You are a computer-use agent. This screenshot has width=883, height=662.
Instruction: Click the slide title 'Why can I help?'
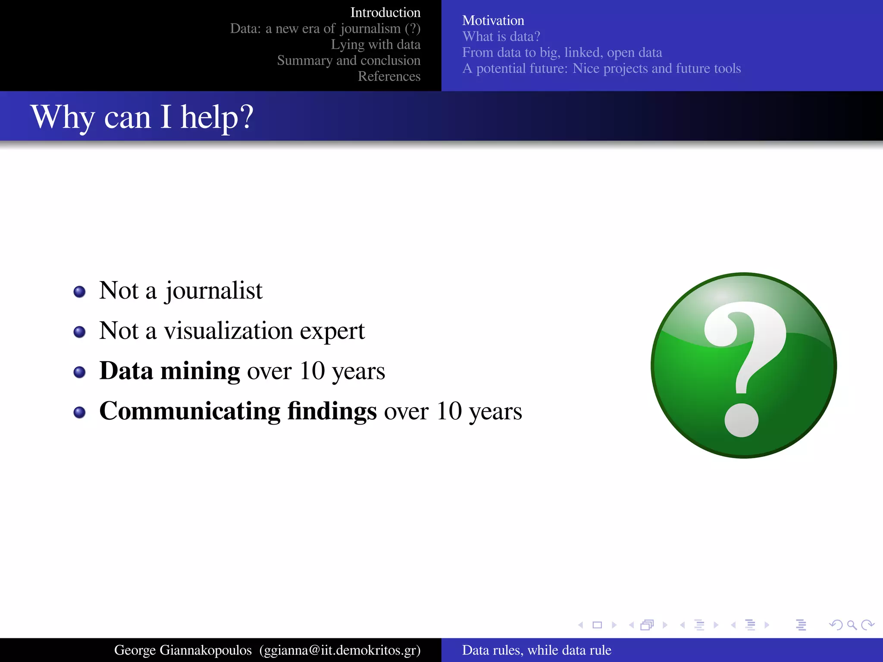click(x=142, y=117)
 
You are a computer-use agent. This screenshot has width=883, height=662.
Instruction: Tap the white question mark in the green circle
click(x=744, y=366)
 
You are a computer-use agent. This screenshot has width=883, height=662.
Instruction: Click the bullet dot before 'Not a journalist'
click(x=79, y=292)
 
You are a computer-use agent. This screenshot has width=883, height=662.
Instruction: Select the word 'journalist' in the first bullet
click(x=214, y=291)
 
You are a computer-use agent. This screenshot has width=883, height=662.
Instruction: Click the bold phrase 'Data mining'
click(x=169, y=371)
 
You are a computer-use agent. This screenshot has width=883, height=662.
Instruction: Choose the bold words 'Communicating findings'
click(x=238, y=411)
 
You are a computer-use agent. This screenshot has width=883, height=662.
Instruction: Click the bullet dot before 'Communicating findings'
click(x=79, y=412)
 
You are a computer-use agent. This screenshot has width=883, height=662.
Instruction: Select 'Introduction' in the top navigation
click(x=385, y=12)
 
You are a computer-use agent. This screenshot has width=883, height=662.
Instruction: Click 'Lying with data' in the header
click(x=376, y=44)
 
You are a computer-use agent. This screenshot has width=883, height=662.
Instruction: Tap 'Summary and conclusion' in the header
click(x=348, y=60)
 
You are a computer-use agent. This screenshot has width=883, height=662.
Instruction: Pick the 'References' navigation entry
click(x=389, y=76)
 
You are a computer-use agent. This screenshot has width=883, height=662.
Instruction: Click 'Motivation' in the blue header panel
click(x=493, y=20)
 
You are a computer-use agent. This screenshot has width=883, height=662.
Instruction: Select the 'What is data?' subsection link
click(x=501, y=36)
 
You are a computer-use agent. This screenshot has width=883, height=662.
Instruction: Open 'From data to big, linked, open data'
click(x=562, y=52)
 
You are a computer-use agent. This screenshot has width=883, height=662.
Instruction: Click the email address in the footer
click(x=340, y=650)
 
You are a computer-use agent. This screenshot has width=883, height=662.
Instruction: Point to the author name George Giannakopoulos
click(x=183, y=650)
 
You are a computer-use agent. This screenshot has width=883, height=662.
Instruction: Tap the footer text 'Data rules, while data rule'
click(x=536, y=650)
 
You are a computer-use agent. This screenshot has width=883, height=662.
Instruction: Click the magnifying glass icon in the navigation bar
click(x=852, y=625)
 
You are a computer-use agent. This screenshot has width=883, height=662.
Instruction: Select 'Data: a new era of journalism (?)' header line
click(x=325, y=28)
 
